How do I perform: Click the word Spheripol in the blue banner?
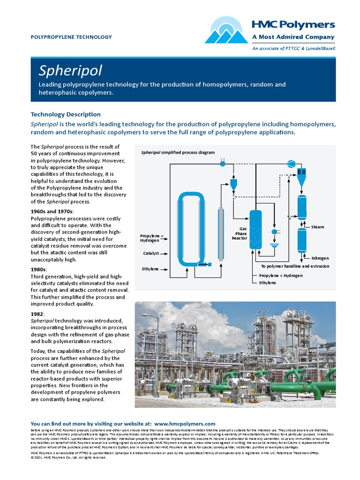tap(70, 71)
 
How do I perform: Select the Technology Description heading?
tap(66, 114)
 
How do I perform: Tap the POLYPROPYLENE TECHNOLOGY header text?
tap(71, 37)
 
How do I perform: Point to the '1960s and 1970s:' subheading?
tap(52, 211)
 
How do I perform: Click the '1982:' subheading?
tap(38, 313)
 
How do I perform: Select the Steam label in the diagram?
tap(317, 227)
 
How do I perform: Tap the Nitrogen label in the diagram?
tap(320, 258)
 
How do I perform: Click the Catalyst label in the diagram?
tap(151, 253)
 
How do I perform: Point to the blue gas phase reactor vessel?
tap(255, 230)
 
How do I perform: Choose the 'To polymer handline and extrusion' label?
tap(295, 266)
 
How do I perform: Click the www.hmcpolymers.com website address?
tap(184, 423)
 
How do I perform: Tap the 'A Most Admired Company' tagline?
tap(293, 37)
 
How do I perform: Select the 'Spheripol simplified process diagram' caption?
tap(178, 152)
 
